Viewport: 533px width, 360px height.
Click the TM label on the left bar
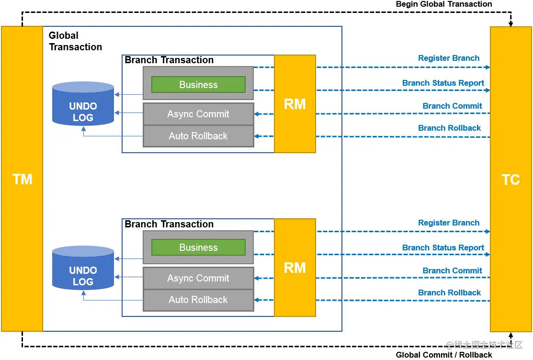(x=23, y=179)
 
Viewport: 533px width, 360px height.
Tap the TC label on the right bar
(x=511, y=180)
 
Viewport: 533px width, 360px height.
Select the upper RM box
(x=295, y=104)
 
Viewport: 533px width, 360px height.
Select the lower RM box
(x=295, y=268)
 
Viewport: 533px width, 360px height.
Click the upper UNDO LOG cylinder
(x=83, y=104)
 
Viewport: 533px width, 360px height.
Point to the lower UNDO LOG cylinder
(x=83, y=268)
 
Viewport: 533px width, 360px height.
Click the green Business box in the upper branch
(x=199, y=85)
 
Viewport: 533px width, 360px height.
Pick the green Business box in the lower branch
(x=199, y=247)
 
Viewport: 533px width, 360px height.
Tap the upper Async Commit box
(x=199, y=114)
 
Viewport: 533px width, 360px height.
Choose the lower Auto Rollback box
(x=199, y=300)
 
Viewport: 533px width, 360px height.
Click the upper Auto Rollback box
(x=199, y=136)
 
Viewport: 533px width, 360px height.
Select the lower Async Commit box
(x=199, y=278)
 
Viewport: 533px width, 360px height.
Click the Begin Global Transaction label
(x=444, y=4)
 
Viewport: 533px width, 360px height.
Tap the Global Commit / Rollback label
(x=444, y=355)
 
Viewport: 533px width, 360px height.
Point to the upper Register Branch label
(x=449, y=58)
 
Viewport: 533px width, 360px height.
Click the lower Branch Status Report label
(x=443, y=247)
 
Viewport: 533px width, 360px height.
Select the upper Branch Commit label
(x=452, y=106)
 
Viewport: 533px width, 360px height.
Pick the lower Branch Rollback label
(x=449, y=292)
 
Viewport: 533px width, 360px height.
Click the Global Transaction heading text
(x=75, y=41)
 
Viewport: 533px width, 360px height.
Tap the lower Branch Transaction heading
(x=169, y=224)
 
